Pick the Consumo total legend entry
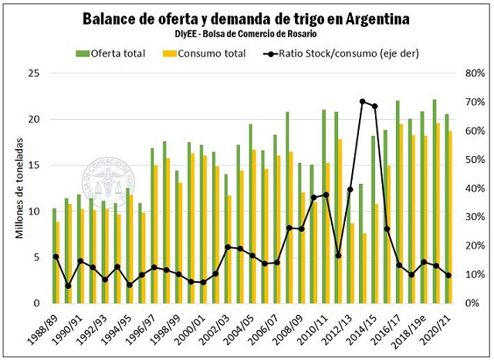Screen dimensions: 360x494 [x=205, y=53]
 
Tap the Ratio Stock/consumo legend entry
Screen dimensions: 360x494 [x=333, y=53]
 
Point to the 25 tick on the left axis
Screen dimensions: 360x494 [x=34, y=73]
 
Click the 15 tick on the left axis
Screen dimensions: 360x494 [x=34, y=165]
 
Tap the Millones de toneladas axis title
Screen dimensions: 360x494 [x=20, y=188]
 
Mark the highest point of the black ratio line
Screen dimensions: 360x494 [x=362, y=101]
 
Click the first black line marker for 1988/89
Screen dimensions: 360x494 [x=56, y=256]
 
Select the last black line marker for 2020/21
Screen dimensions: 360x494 [x=448, y=275]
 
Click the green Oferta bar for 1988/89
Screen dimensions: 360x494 [x=53, y=255]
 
